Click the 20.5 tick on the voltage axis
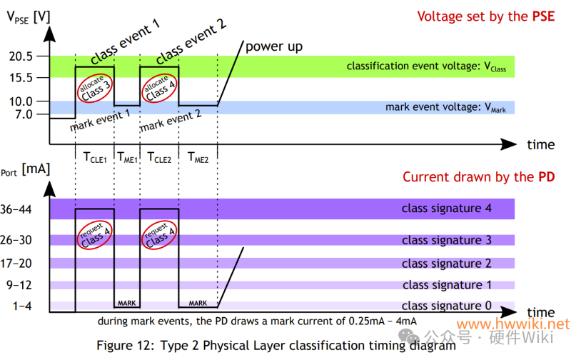pos(24,56)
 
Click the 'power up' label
pos(274,46)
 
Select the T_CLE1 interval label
pos(94,158)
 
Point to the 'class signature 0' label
pos(446,306)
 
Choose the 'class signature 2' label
pos(446,264)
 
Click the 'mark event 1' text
pos(100,120)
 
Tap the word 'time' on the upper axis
pos(540,144)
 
